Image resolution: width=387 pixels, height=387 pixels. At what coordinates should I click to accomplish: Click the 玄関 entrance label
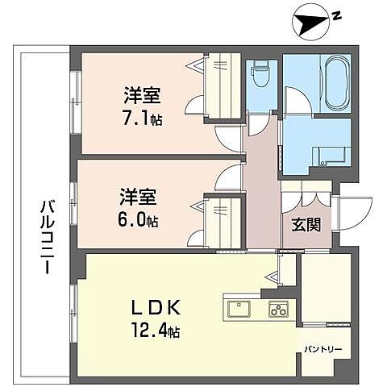(307, 224)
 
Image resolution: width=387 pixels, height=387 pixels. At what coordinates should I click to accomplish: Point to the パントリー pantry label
(323, 350)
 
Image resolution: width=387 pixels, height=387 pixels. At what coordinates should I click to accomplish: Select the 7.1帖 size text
(141, 118)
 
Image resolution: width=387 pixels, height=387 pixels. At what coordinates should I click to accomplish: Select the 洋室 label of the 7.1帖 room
(140, 95)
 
